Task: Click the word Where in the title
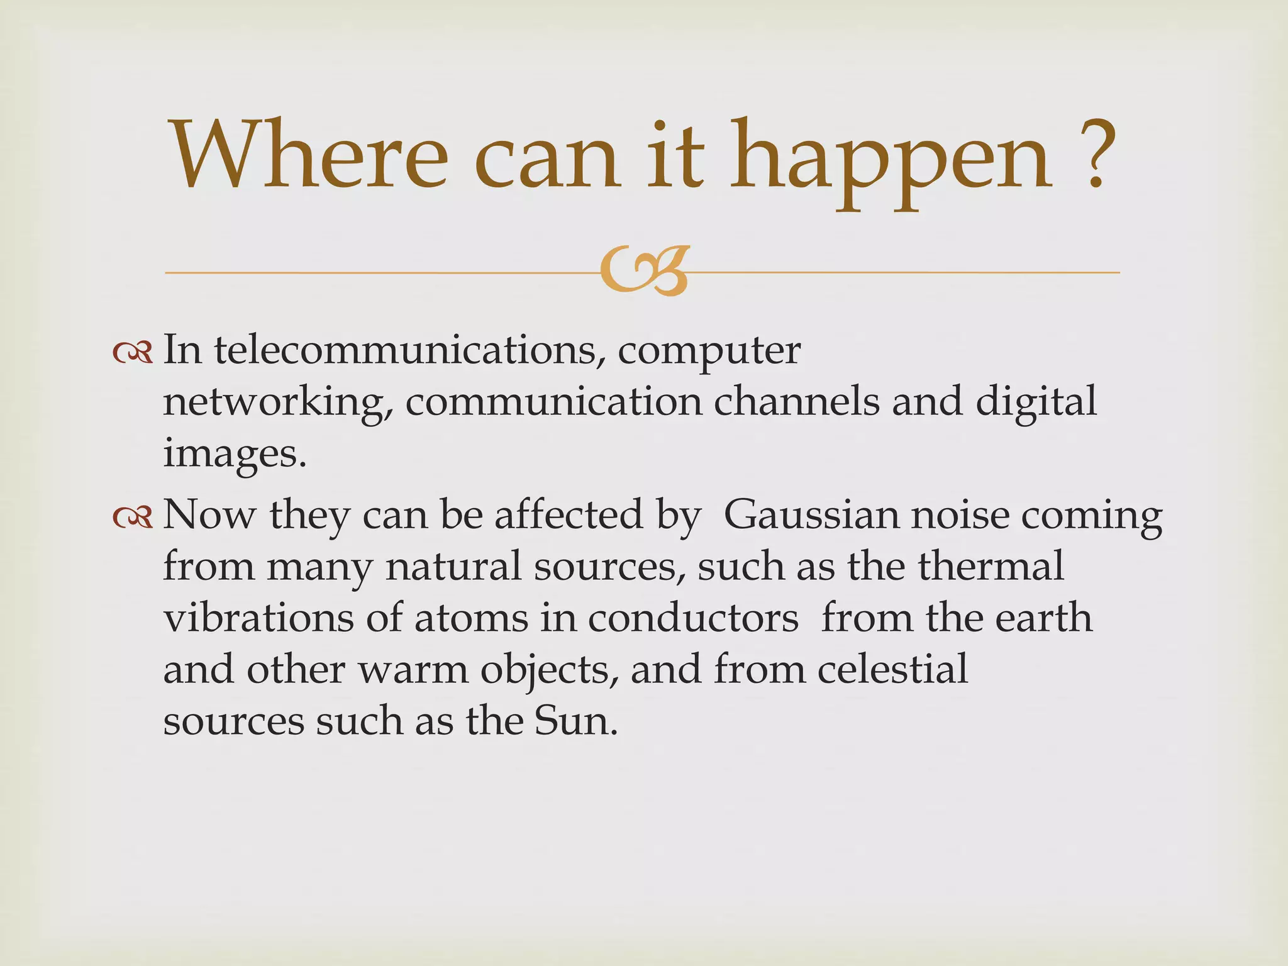(x=308, y=156)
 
